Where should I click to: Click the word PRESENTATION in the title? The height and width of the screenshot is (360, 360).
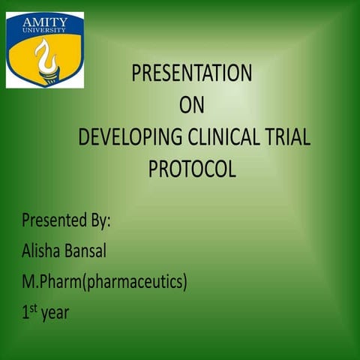tap(192, 73)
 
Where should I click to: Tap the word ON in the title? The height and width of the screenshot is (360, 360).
tap(192, 106)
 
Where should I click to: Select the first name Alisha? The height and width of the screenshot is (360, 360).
tap(42, 252)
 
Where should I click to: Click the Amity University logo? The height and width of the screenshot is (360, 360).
tap(45, 49)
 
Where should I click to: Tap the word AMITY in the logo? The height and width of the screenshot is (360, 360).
tap(45, 21)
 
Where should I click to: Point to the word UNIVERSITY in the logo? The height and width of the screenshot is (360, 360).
tap(45, 31)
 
